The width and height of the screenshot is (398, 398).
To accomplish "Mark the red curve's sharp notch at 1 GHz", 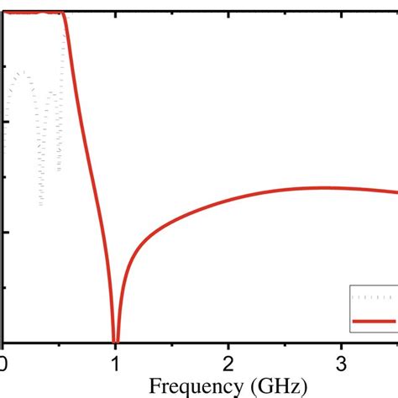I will (x=116, y=339).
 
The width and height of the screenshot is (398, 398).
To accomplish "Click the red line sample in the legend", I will (x=374, y=321).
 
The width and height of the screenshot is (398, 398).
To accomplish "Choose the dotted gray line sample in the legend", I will (x=374, y=297).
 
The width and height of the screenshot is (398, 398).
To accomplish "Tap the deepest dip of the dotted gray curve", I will (x=40, y=204).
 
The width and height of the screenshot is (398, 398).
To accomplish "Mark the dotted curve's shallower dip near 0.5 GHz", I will (x=59, y=170).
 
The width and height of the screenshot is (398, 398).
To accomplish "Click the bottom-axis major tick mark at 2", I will (x=228, y=338).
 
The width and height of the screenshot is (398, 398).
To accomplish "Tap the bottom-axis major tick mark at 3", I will (x=340, y=338).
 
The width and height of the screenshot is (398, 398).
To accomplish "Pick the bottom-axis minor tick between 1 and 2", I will (x=172, y=340).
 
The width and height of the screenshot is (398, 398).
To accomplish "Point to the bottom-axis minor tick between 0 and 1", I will (x=60, y=340).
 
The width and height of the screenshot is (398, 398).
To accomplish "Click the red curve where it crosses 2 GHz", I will (x=228, y=200).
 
